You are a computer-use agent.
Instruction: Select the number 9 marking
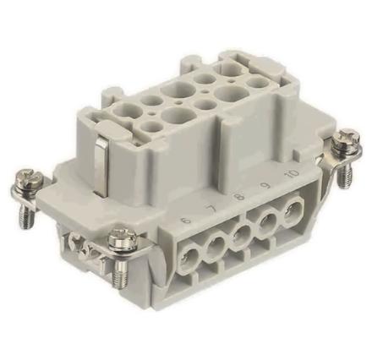click(x=265, y=195)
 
